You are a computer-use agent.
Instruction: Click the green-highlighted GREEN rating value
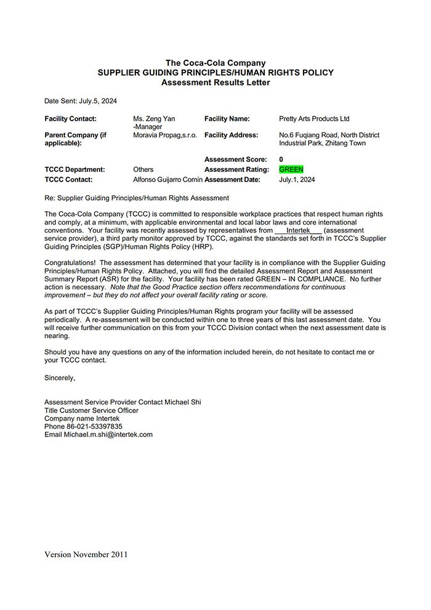pyautogui.click(x=291, y=169)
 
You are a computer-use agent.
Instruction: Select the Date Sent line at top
pyautogui.click(x=81, y=101)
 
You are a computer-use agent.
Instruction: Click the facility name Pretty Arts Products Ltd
pyautogui.click(x=314, y=119)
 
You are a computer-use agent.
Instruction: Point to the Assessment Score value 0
pyautogui.click(x=281, y=159)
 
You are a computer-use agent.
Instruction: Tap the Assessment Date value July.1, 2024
pyautogui.click(x=297, y=180)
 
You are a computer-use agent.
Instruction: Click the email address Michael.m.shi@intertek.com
pyautogui.click(x=99, y=435)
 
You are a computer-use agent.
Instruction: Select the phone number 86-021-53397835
pyautogui.click(x=83, y=427)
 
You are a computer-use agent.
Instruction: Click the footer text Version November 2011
pyautogui.click(x=86, y=555)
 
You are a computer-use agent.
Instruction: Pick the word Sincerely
pyautogui.click(x=60, y=378)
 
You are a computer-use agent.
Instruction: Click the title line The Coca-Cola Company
pyautogui.click(x=216, y=63)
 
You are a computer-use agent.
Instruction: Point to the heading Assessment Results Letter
pyautogui.click(x=216, y=82)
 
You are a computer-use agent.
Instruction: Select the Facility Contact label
pyautogui.click(x=71, y=119)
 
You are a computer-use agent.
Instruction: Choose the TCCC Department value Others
pyautogui.click(x=143, y=169)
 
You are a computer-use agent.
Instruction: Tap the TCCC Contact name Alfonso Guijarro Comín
pyautogui.click(x=167, y=180)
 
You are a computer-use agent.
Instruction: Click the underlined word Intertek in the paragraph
pyautogui.click(x=299, y=231)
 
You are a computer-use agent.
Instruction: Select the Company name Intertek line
pyautogui.click(x=82, y=419)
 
